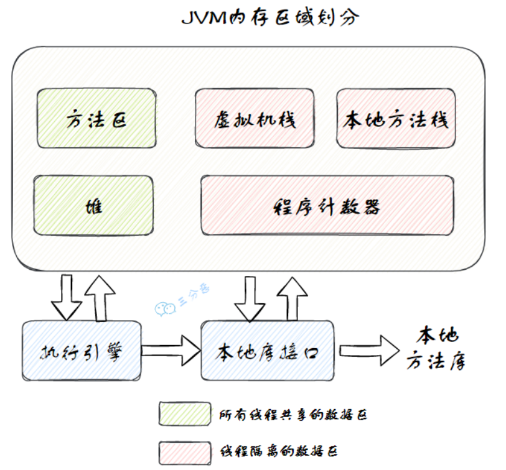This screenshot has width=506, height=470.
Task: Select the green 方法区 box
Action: [96, 119]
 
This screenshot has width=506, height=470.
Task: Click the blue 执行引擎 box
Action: [82, 351]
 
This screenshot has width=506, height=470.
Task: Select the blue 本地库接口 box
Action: [268, 351]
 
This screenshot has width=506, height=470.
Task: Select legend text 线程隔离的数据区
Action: [279, 451]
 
